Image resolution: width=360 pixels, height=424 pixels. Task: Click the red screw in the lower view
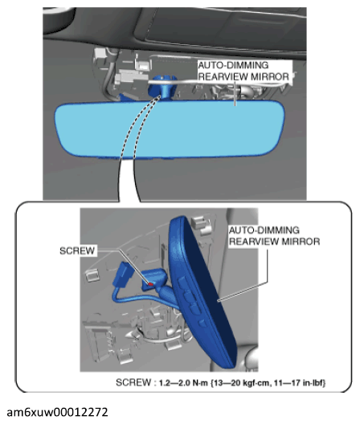point(149,283)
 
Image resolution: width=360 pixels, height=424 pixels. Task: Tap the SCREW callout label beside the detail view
point(78,251)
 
